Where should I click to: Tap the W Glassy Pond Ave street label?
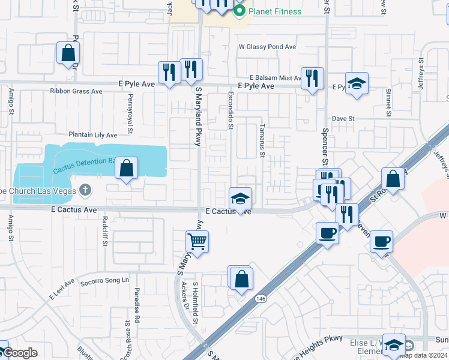[267, 46]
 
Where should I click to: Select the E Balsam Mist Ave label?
[274, 78]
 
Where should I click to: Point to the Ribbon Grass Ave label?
[76, 92]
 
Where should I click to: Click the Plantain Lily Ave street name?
[92, 136]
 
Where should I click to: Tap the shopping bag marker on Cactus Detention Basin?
[127, 169]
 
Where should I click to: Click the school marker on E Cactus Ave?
[240, 199]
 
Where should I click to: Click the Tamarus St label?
[262, 142]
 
